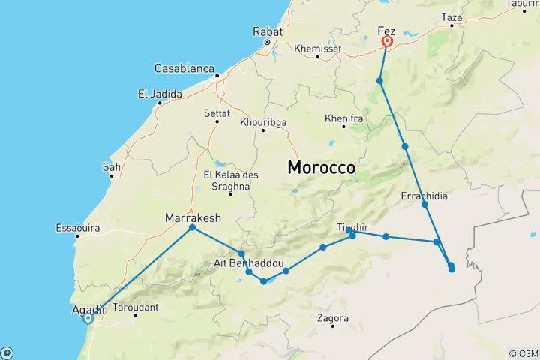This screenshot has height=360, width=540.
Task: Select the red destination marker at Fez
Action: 388,43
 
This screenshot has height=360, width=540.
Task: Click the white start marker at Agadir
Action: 88,318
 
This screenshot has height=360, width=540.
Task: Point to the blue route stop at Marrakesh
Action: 193,227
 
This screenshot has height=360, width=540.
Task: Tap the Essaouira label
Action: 78,227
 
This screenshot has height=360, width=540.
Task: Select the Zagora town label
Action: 333,318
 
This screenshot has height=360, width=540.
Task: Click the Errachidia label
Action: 424,196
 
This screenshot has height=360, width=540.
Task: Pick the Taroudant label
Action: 136,307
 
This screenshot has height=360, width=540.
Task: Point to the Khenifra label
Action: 344,118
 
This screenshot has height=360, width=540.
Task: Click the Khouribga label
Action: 263,121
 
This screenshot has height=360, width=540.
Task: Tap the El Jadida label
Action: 159,94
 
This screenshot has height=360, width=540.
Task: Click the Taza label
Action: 453,16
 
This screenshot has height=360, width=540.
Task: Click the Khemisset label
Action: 318,48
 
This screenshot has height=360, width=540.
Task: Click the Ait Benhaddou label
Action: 248,263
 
